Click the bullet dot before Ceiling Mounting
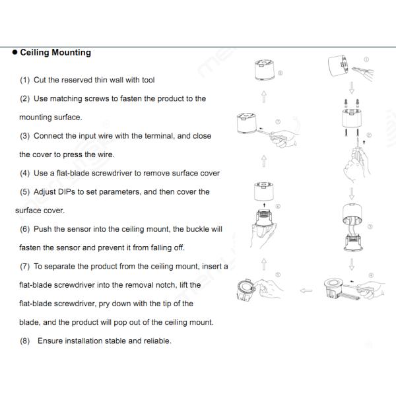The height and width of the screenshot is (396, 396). (14, 53)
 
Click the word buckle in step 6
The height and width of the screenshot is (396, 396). (193, 229)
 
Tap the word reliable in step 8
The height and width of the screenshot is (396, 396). (156, 341)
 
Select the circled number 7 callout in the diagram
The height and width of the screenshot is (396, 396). (279, 121)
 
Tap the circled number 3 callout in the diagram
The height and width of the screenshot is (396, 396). (370, 226)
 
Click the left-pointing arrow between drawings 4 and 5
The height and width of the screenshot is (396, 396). (306, 289)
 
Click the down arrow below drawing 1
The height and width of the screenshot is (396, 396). (352, 86)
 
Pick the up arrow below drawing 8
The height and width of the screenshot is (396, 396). (263, 97)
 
